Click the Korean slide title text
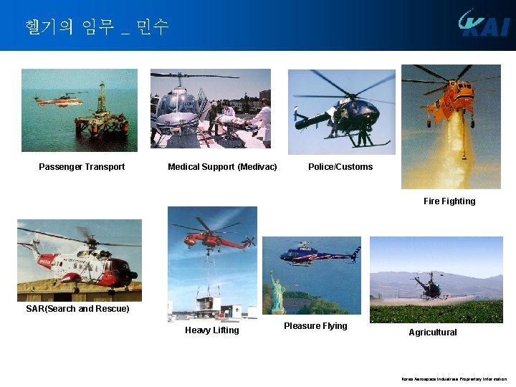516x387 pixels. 96,27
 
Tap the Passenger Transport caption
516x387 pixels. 82,167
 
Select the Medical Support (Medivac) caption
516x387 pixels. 222,167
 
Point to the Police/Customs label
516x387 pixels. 340,167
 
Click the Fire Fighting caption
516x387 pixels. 449,201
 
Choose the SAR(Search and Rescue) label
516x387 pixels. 77,309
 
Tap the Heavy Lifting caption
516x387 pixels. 212,330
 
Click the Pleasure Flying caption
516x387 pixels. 315,326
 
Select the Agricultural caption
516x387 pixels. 433,333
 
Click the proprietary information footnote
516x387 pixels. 454,379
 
